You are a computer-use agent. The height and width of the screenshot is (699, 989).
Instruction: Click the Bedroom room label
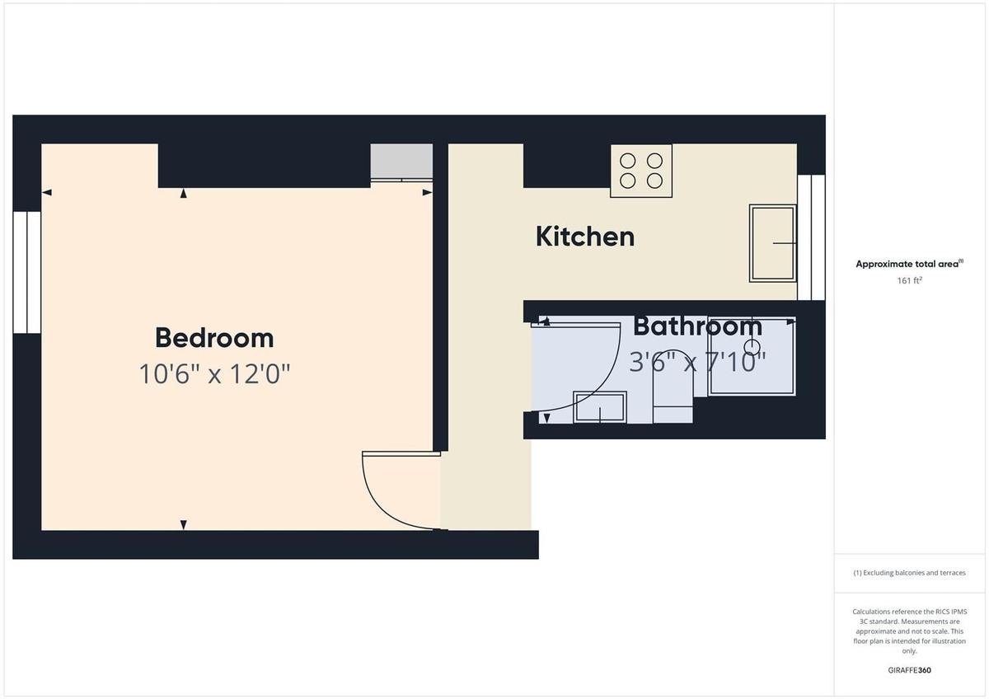coord(214,338)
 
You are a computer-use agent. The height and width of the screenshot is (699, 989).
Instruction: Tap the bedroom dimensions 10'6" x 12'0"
coord(214,374)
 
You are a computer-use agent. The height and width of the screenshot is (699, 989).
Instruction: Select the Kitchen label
coord(585,237)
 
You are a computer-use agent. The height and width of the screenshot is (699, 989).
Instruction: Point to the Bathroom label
coord(697,326)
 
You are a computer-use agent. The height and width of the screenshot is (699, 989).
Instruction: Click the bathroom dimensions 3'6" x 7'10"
coord(697,361)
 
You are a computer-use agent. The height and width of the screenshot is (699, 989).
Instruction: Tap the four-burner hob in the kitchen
coord(641,171)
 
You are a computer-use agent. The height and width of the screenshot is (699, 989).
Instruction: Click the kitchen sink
coord(773,243)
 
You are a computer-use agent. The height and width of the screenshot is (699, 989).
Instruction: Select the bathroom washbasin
coord(600,407)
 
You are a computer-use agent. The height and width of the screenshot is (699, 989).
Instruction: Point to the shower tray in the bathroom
coord(752,356)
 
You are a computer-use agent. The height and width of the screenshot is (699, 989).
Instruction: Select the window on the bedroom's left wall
coord(27,272)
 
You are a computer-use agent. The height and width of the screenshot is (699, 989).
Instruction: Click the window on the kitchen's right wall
coord(812,237)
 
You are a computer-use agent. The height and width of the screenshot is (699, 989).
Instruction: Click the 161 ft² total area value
coord(909,280)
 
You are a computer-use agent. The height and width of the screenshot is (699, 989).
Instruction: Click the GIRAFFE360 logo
coord(909,670)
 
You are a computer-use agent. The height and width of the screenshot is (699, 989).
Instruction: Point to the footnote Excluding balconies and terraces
coord(909,573)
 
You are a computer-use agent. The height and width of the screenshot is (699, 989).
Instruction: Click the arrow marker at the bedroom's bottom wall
coord(183,525)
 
